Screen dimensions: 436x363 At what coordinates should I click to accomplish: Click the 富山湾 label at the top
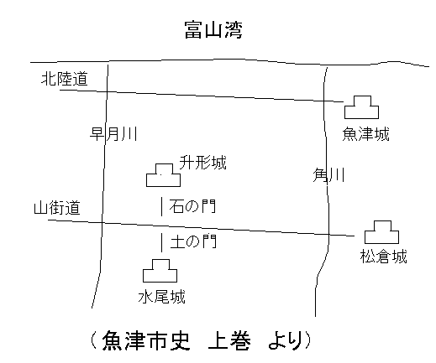[213, 29]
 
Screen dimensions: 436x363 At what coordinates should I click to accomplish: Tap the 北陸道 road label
[65, 79]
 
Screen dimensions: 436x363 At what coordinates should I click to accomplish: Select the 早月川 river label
[113, 133]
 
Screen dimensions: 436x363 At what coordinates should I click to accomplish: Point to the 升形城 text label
[202, 163]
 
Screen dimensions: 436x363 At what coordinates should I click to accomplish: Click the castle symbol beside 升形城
[163, 180]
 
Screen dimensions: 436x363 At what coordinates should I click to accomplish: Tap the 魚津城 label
[365, 134]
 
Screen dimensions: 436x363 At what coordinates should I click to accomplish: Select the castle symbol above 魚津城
[361, 112]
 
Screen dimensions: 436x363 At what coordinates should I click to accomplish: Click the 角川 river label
[328, 175]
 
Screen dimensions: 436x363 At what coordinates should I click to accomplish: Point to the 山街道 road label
[57, 208]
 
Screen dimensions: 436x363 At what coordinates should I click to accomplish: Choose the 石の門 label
[192, 206]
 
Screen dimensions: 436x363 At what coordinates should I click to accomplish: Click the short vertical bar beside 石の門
[161, 206]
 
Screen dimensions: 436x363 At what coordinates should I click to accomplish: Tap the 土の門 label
[193, 241]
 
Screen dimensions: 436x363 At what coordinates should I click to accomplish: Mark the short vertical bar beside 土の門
[161, 242]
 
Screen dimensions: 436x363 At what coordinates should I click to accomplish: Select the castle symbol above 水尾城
[160, 276]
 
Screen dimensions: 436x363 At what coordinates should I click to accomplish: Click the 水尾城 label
[161, 297]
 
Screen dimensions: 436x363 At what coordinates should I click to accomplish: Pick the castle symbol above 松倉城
[381, 237]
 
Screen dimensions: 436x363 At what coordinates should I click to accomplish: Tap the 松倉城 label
[383, 257]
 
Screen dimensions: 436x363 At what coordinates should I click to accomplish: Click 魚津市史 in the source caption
[145, 341]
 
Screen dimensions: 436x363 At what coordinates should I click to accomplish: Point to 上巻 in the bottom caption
[229, 341]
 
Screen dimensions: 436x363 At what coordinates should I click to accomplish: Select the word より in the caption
[285, 341]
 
